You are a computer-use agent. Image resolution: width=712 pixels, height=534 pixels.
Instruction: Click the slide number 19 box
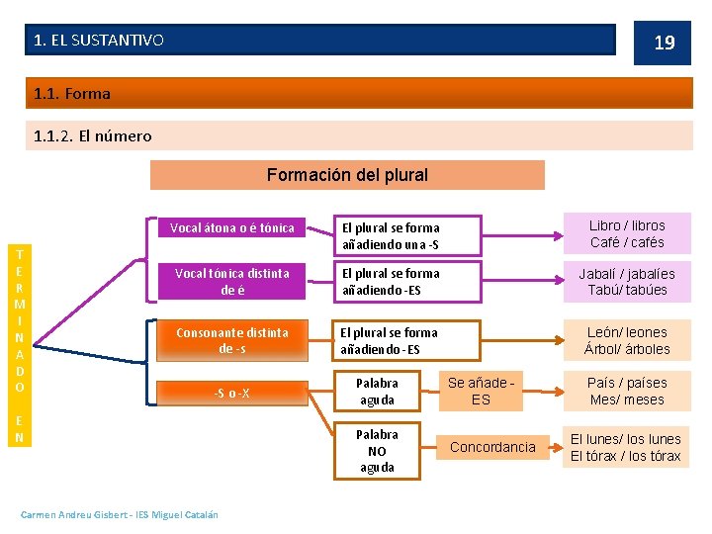pyautogui.click(x=664, y=43)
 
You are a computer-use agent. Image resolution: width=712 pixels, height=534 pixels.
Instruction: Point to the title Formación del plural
pyautogui.click(x=347, y=175)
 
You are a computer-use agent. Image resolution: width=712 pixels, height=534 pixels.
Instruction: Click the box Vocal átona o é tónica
pyautogui.click(x=232, y=228)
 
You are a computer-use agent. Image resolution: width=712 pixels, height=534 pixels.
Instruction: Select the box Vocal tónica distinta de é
pyautogui.click(x=232, y=282)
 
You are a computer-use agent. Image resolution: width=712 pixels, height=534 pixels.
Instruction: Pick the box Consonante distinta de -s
pyautogui.click(x=232, y=340)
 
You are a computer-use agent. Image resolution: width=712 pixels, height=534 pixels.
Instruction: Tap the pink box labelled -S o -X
pyautogui.click(x=232, y=394)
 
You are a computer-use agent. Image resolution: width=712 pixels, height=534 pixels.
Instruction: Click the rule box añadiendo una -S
pyautogui.click(x=406, y=235)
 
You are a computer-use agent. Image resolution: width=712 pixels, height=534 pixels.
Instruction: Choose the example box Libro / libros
pyautogui.click(x=627, y=234)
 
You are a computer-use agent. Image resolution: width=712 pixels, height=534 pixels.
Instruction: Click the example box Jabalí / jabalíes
pyautogui.click(x=627, y=282)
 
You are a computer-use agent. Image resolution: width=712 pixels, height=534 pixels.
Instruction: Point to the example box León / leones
pyautogui.click(x=627, y=340)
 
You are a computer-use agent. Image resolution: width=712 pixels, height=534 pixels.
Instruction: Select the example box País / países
pyautogui.click(x=627, y=391)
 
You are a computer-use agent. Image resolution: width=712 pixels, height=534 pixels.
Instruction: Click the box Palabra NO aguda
pyautogui.click(x=377, y=450)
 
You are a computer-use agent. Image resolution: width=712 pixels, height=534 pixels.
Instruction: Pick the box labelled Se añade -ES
pyautogui.click(x=481, y=391)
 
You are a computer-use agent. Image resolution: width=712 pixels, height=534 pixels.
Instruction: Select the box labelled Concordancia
pyautogui.click(x=492, y=447)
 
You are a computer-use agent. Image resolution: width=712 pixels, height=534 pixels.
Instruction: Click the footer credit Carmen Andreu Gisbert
pyautogui.click(x=120, y=513)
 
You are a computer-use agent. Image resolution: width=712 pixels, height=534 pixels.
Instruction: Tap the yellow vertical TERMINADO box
pyautogui.click(x=20, y=345)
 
